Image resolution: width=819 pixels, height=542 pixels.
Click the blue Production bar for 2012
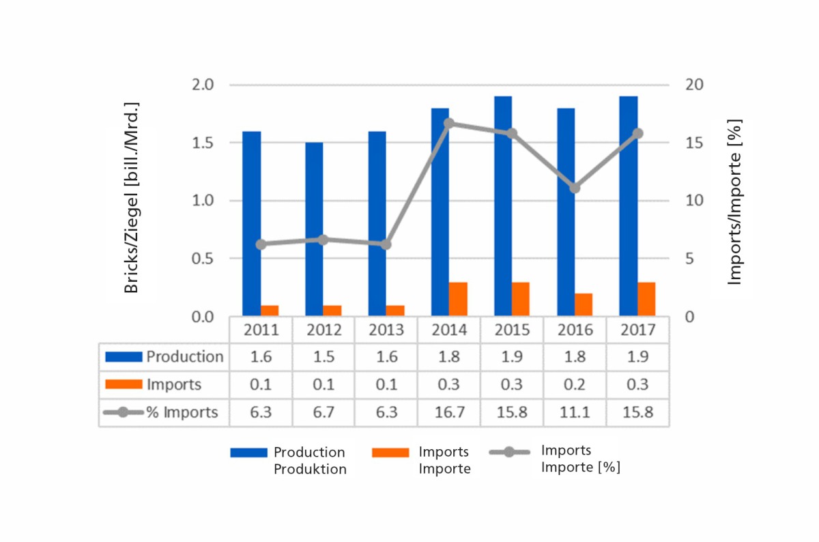pos(314,229)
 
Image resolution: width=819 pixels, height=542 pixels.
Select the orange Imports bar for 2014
pos(458,299)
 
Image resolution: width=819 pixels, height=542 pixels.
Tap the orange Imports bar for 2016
pos(584,304)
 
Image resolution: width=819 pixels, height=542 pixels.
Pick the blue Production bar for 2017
pos(628,206)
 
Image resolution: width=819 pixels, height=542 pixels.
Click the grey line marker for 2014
pos(449,124)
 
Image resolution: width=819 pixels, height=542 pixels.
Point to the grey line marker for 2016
pos(575,188)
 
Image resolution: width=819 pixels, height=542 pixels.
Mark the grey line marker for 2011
pos(261,244)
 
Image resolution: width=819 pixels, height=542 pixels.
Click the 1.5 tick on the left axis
pos(202,143)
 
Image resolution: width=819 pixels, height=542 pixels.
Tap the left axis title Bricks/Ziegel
pos(132,198)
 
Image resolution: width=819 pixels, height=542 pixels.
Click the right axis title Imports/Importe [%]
pos(734,201)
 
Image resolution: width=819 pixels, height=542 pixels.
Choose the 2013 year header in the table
pos(386,330)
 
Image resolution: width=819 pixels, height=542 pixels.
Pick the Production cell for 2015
pos(512,357)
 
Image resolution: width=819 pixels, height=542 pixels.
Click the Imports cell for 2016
pos(575,384)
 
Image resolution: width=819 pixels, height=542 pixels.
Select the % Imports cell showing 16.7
pos(449,412)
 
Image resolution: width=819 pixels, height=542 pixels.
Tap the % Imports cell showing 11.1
pos(575,412)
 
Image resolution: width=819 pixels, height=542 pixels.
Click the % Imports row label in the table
pos(162,412)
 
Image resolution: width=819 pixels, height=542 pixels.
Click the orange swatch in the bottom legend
pos(390,453)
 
